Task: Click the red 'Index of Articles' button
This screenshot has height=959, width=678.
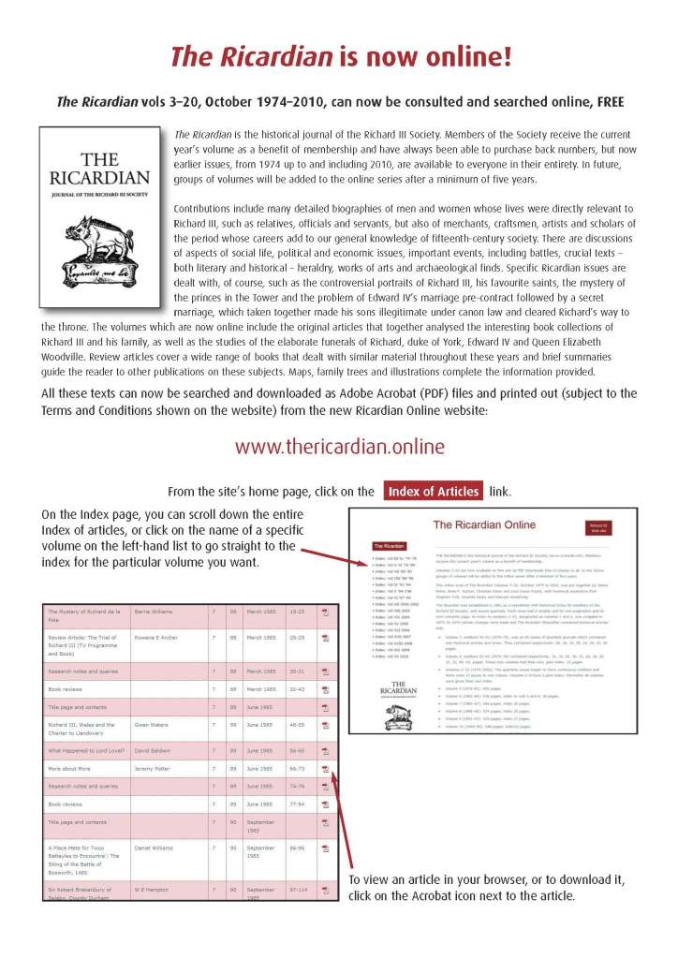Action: coord(434,491)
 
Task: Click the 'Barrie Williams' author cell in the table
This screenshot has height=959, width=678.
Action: coord(157,610)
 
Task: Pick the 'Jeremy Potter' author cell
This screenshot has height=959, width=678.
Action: coord(157,768)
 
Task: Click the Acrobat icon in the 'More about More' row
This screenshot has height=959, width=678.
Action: coord(326,768)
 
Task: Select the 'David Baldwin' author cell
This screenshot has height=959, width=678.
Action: coord(157,750)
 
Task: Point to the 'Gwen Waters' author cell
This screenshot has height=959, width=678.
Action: coord(155,725)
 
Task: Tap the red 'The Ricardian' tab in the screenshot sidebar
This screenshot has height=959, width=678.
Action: coord(389,545)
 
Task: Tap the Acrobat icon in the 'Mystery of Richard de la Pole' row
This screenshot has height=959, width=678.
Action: coord(326,610)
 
